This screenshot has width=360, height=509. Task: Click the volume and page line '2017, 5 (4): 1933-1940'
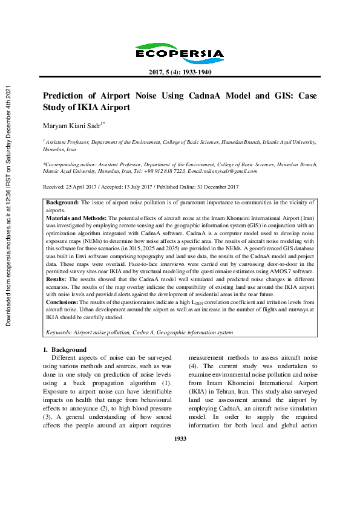180,73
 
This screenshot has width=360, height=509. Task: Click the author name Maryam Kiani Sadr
73,125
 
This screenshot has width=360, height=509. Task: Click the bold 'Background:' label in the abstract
63,203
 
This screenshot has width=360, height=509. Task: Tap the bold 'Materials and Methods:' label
76,216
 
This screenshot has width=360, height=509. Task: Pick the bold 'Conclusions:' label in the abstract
62,301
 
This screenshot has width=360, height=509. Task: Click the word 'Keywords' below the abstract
59,332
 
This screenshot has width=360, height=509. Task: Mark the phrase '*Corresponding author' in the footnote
68,164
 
